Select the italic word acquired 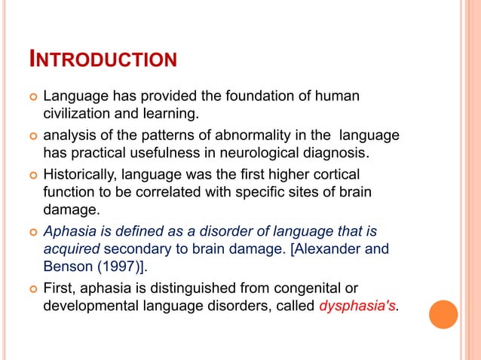pos(69,249)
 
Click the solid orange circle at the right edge pos(443,314)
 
